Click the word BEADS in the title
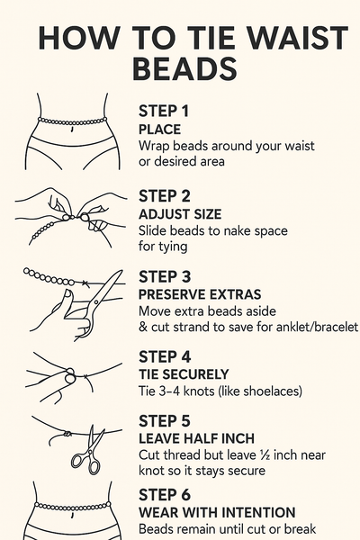[184, 68]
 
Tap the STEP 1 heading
[164, 112]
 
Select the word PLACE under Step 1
[159, 130]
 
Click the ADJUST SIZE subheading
[180, 214]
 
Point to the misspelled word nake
[238, 230]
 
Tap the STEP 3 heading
[165, 277]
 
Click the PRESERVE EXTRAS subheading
[200, 294]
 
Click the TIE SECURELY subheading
[184, 374]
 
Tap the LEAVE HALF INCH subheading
[197, 438]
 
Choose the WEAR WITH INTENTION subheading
[217, 512]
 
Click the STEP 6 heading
[165, 495]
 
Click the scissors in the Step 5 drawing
[88, 453]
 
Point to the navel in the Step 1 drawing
[72, 129]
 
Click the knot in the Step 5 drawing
[67, 434]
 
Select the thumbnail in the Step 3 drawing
[67, 293]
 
